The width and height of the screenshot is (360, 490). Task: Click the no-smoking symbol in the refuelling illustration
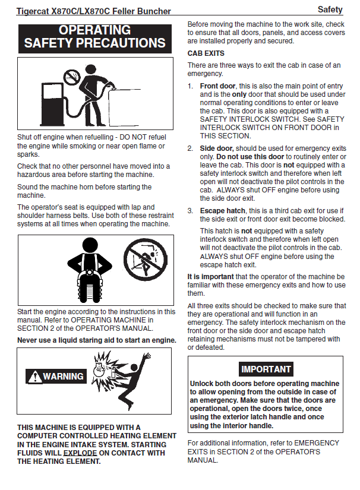pyautogui.click(x=72, y=76)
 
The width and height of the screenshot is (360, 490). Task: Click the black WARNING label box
pyautogui.click(x=56, y=377)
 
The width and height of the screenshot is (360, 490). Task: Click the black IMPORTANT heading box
pyautogui.click(x=266, y=369)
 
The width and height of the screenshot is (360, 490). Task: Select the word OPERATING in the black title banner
pyautogui.click(x=95, y=30)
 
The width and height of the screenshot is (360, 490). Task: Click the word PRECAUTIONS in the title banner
pyautogui.click(x=122, y=43)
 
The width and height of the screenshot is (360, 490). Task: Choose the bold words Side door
pyautogui.click(x=217, y=148)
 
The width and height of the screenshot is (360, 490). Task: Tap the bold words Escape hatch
pyautogui.click(x=222, y=211)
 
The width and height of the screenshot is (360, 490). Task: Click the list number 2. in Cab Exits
pyautogui.click(x=191, y=148)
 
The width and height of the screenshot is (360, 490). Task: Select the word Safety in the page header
pyautogui.click(x=330, y=10)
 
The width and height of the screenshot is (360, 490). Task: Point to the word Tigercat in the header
pyautogui.click(x=34, y=11)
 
